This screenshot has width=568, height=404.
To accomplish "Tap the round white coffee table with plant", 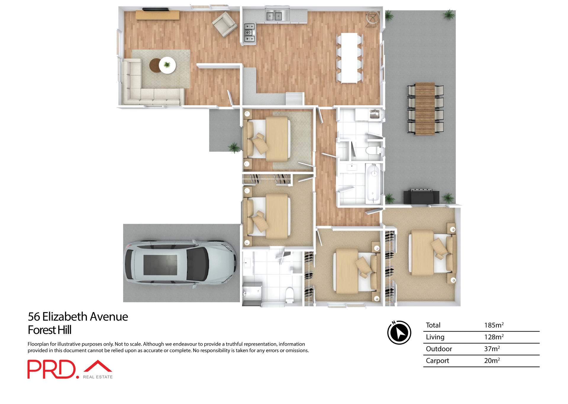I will (167, 65).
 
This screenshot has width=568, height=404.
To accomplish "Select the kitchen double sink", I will (274, 16).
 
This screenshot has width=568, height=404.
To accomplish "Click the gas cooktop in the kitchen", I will (249, 33).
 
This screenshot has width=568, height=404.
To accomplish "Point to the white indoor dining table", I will (349, 58).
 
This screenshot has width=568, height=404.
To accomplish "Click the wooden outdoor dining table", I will (425, 109).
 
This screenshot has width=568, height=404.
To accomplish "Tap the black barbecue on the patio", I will (421, 196).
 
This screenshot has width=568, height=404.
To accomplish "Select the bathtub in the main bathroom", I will (373, 183).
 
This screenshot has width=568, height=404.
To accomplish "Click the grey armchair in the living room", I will (225, 24).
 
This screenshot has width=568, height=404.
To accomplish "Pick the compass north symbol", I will (399, 332).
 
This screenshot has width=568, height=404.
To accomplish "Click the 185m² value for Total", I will (493, 325).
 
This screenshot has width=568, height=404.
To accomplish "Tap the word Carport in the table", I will (437, 361).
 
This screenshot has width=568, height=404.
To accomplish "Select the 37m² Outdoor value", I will (492, 349).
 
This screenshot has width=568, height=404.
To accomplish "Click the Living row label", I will (435, 337).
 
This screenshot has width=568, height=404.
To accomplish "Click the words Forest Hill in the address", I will (50, 330).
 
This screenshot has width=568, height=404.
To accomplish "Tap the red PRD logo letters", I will (52, 369).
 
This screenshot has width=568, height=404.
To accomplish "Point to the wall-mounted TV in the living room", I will (156, 9).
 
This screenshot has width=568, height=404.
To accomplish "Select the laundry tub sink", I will (375, 114).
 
